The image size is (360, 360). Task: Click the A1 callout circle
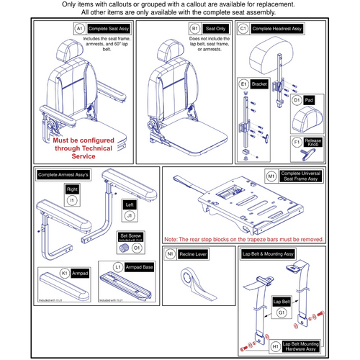[79, 28]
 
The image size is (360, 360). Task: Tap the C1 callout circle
[243, 28]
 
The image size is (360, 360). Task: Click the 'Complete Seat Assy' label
[108, 28]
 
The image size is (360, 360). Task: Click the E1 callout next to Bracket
[243, 84]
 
